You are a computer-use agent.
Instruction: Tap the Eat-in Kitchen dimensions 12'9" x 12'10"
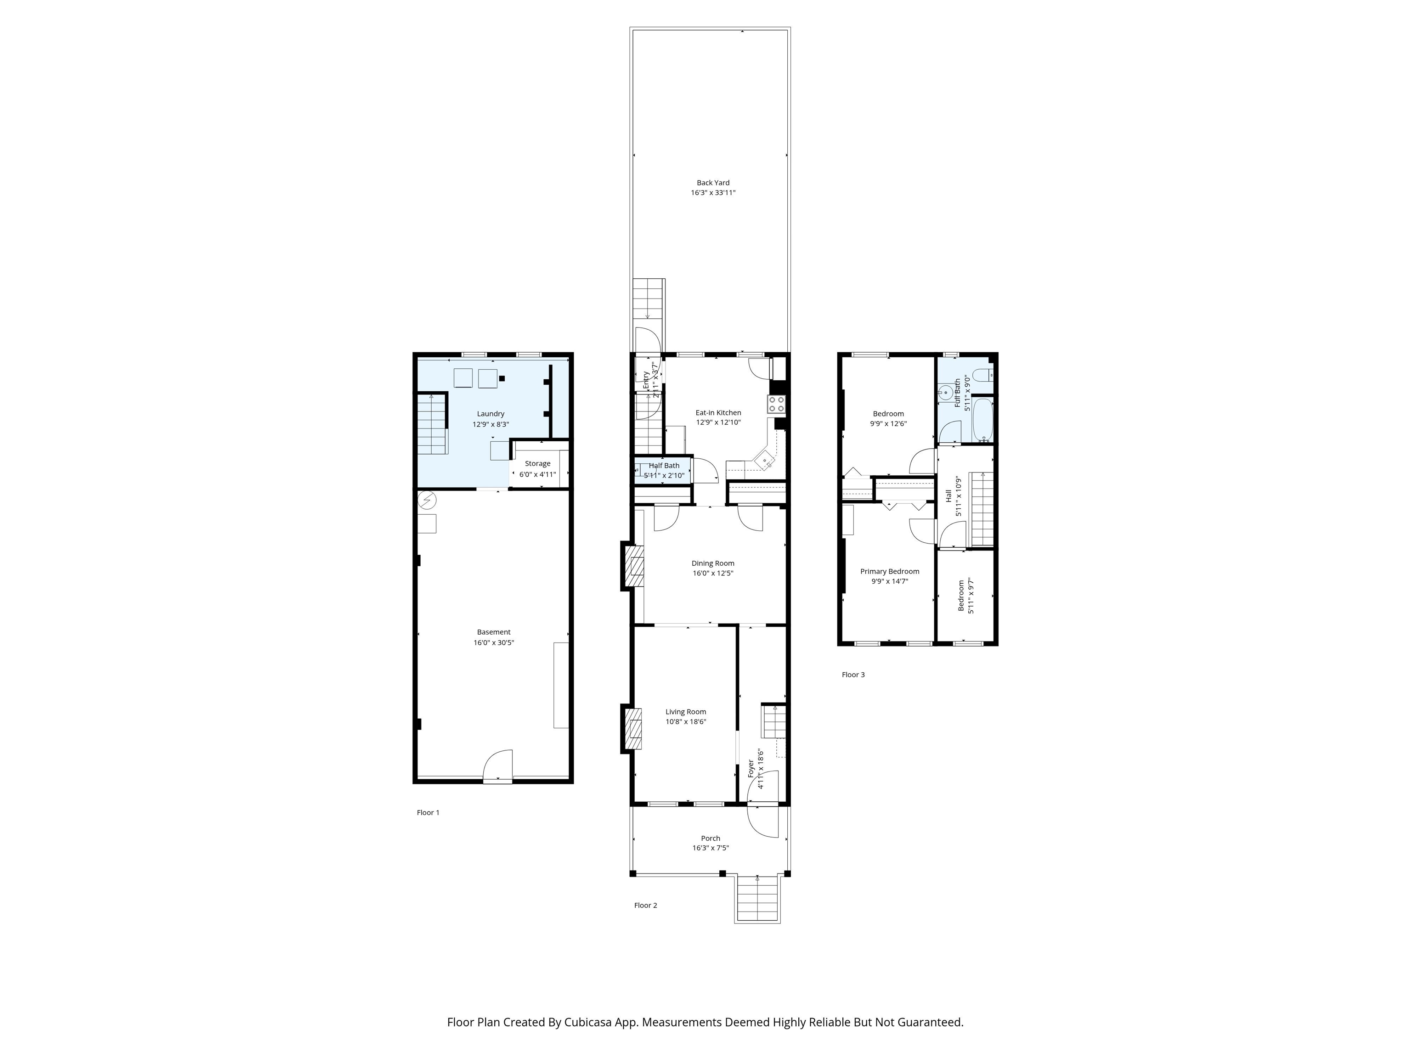click(718, 422)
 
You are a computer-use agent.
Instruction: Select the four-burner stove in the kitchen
click(776, 404)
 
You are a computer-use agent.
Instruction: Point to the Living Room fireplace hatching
click(634, 728)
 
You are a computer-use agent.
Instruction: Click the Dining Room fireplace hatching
click(635, 566)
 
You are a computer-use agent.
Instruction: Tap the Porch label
click(711, 838)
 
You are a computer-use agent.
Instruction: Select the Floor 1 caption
click(428, 812)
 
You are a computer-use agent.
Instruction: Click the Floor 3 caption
click(853, 675)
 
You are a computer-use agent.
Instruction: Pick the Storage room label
click(538, 464)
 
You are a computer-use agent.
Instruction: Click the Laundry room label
click(491, 414)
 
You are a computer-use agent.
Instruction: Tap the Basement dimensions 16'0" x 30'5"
click(494, 642)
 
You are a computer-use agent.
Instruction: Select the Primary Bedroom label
click(889, 571)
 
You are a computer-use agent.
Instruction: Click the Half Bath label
click(664, 466)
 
